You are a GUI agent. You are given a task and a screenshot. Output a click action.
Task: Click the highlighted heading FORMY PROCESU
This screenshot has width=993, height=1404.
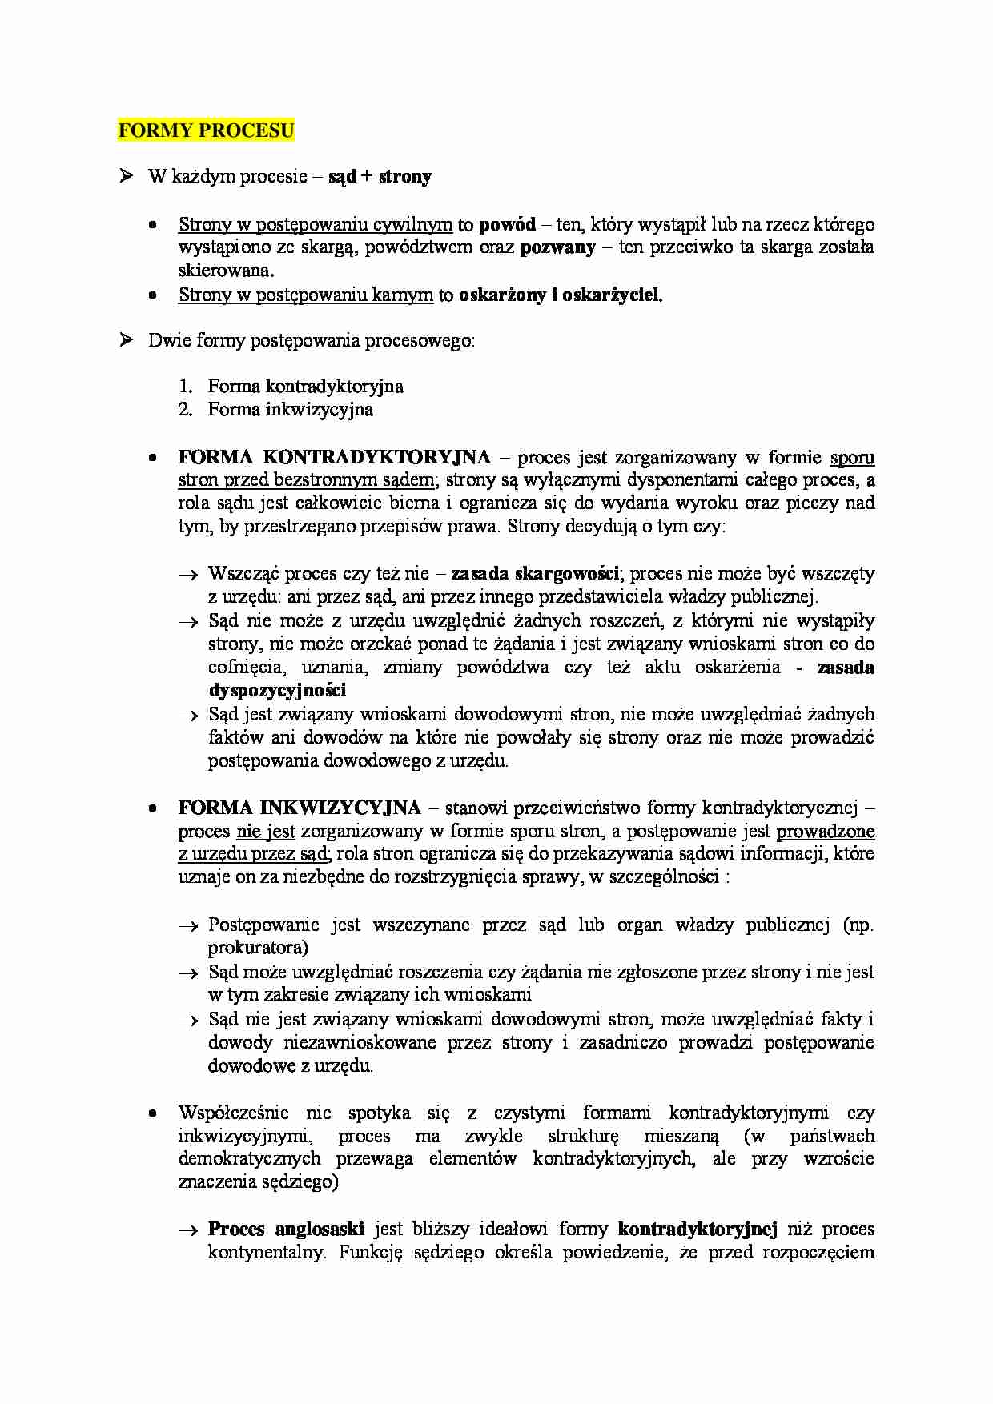pyautogui.click(x=206, y=130)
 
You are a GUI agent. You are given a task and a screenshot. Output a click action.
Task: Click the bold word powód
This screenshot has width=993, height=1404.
pyautogui.click(x=507, y=224)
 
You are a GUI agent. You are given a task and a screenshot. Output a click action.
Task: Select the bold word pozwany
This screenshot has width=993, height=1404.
pyautogui.click(x=557, y=247)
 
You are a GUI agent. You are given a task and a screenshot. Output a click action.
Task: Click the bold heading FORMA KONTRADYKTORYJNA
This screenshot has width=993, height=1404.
pyautogui.click(x=334, y=457)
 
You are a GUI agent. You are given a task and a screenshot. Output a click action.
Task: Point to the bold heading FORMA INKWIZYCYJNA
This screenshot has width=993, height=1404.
pyautogui.click(x=299, y=808)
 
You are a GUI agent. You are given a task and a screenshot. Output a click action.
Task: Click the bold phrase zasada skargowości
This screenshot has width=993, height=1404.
pyautogui.click(x=535, y=574)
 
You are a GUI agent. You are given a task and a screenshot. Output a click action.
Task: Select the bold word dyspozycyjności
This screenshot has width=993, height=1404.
pyautogui.click(x=277, y=691)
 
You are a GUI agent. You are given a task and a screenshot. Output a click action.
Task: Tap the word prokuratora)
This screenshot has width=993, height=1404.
pyautogui.click(x=258, y=948)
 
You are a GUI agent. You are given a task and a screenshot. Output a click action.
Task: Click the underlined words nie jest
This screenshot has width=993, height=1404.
pyautogui.click(x=266, y=832)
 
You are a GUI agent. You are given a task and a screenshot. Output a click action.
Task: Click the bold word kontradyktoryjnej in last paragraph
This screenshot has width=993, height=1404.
pyautogui.click(x=698, y=1229)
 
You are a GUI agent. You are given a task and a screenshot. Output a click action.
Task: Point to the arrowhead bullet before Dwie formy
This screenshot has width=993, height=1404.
pyautogui.click(x=126, y=340)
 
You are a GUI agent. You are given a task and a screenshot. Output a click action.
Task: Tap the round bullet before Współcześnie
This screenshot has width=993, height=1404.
pyautogui.click(x=152, y=1113)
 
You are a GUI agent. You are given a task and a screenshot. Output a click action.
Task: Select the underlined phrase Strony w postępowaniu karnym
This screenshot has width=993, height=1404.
pyautogui.click(x=305, y=295)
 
